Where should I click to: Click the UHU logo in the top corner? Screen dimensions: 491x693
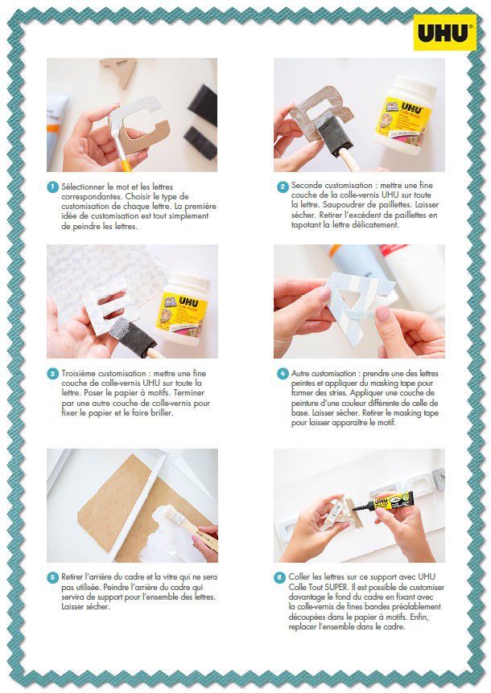(444, 32)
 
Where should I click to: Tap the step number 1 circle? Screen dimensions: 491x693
(52, 187)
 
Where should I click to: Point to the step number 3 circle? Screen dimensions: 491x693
(52, 374)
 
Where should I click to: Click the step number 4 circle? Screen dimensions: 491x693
(283, 374)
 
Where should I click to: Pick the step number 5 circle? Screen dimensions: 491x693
(52, 577)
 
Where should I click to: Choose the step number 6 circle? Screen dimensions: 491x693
(279, 577)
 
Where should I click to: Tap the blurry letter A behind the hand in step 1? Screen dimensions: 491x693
(118, 71)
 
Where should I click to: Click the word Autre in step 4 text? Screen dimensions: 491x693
(301, 374)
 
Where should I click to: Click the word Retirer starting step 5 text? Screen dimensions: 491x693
(72, 576)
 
